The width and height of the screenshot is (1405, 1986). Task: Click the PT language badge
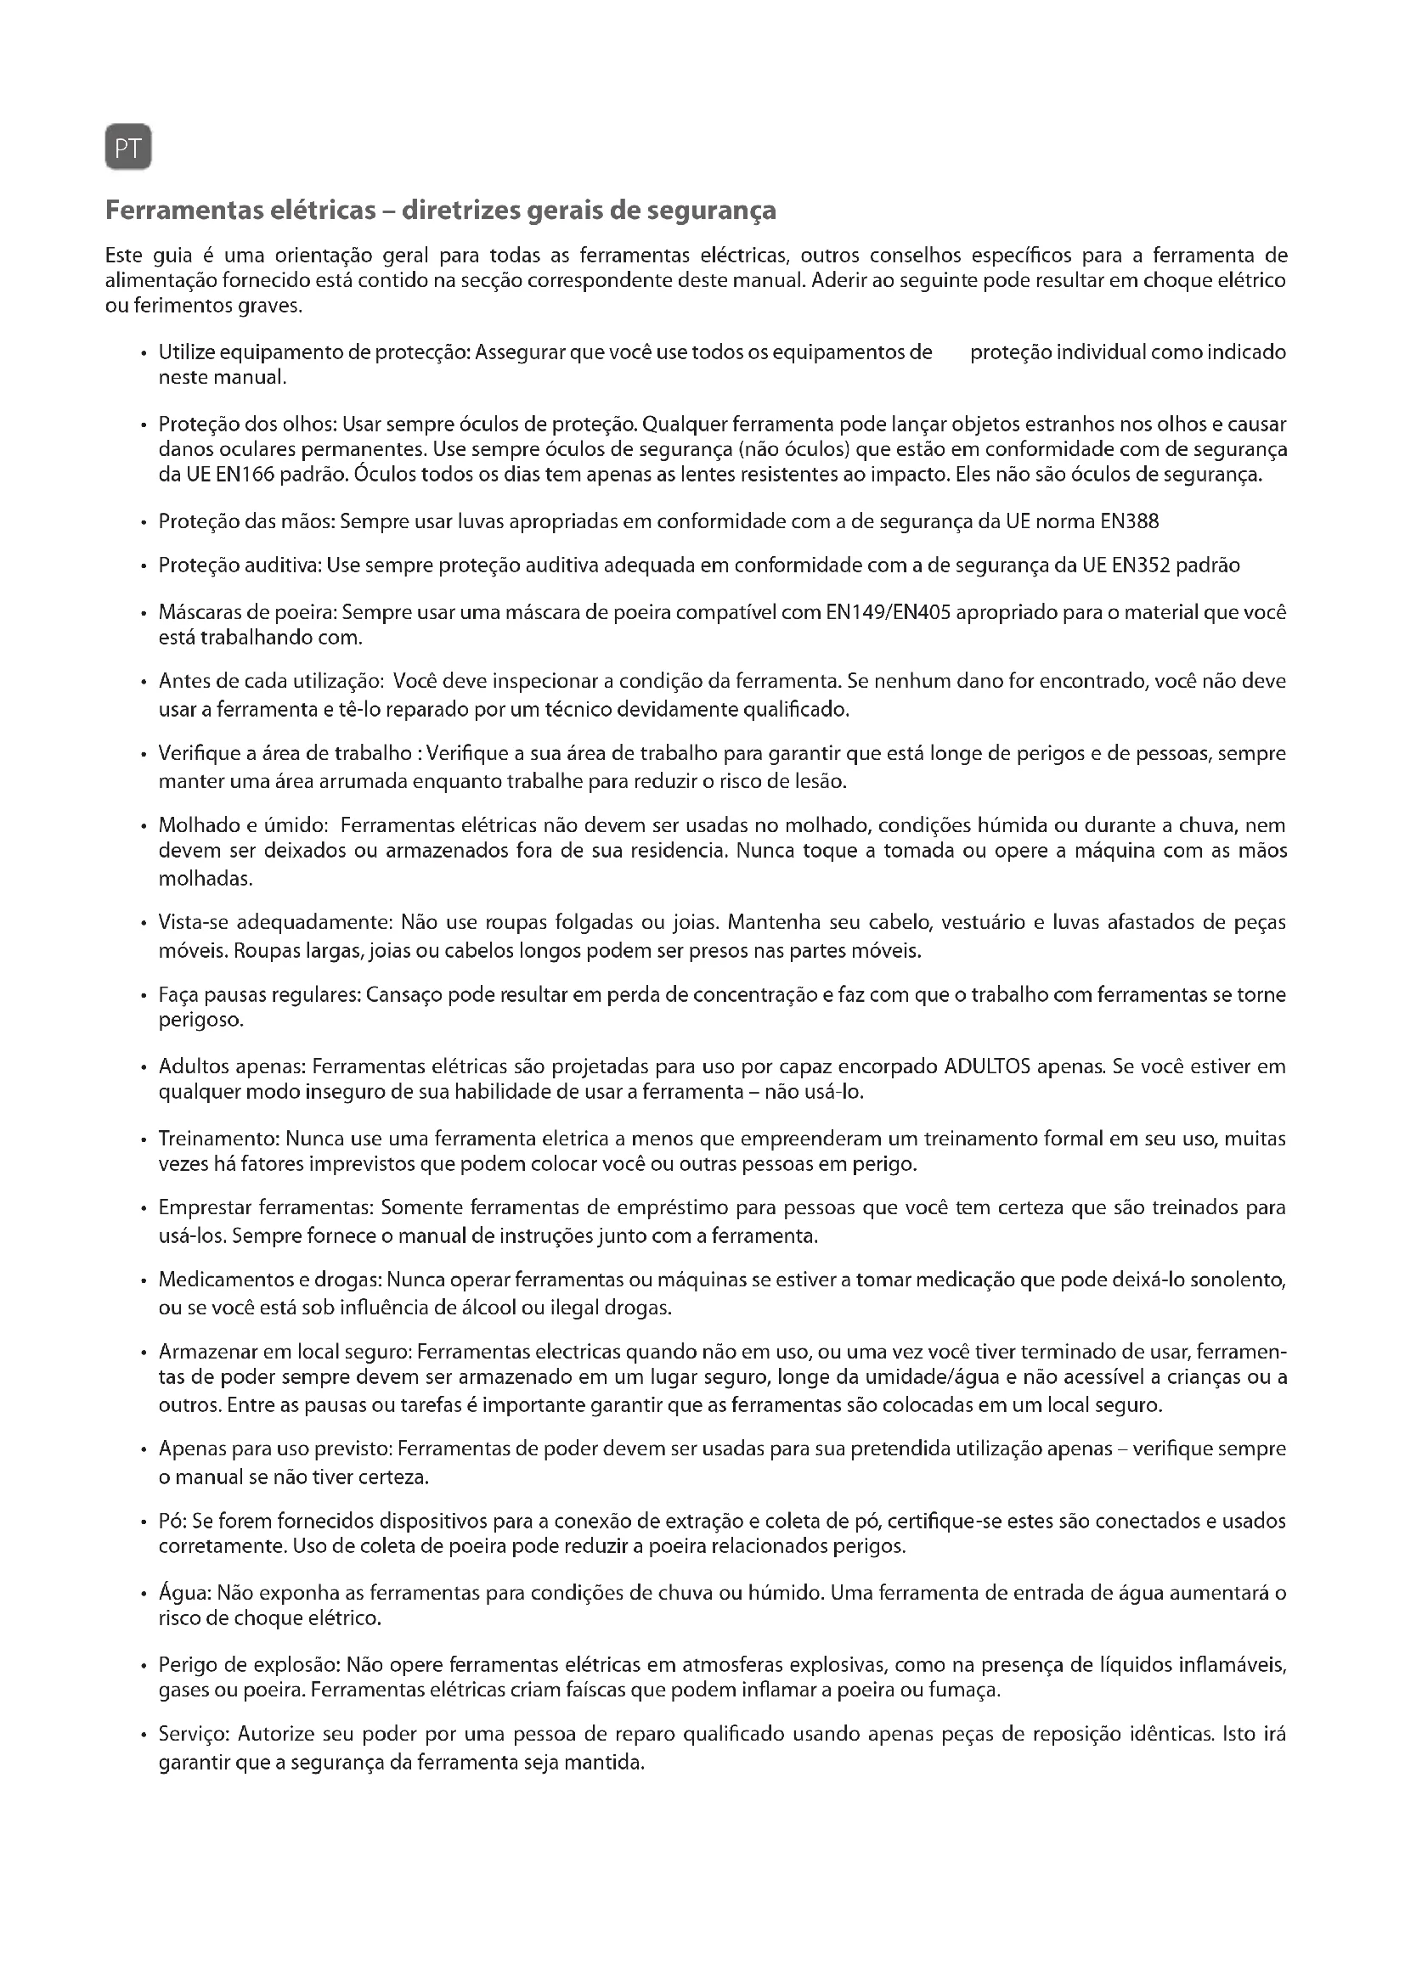click(128, 148)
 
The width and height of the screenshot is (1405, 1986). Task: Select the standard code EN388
click(1129, 521)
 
